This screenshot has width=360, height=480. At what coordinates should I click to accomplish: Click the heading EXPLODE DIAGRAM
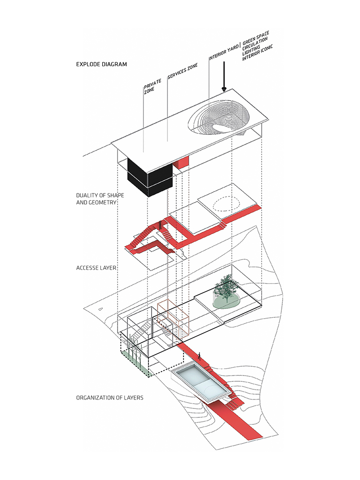pyautogui.click(x=101, y=64)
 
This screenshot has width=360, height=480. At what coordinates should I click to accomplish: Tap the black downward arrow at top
pyautogui.click(x=224, y=78)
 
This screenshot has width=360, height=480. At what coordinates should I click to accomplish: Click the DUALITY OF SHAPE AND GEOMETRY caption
pyautogui.click(x=96, y=199)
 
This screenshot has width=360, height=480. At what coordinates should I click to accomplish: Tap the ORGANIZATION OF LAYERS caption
pyautogui.click(x=109, y=397)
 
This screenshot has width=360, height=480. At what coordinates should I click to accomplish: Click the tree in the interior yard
pyautogui.click(x=226, y=291)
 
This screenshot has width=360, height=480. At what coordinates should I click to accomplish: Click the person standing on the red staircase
pyautogui.click(x=161, y=225)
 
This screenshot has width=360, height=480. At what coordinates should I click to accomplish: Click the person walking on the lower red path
pyautogui.click(x=200, y=355)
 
